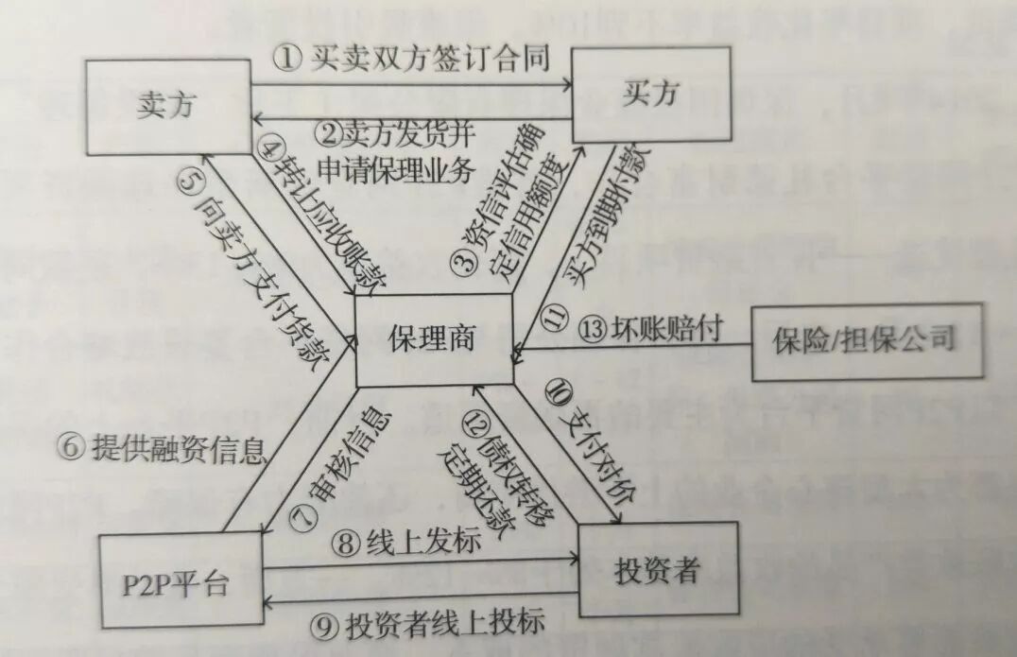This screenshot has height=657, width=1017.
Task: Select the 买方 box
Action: (x=651, y=95)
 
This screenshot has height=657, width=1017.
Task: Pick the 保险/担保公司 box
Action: (x=863, y=337)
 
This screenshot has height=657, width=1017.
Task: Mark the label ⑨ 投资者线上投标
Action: (x=431, y=624)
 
